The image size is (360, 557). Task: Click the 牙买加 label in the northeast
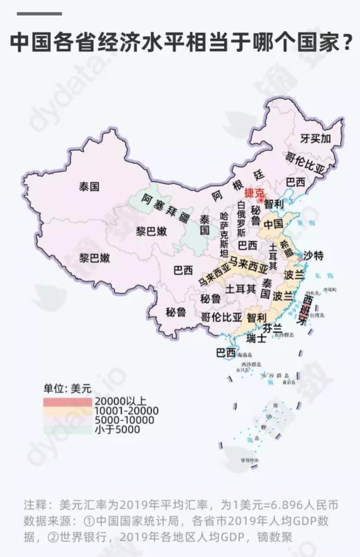pos(316,138)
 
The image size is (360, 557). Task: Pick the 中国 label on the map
pos(274,222)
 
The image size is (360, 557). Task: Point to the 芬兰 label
pos(272,328)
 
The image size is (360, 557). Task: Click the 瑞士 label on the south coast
pos(256,339)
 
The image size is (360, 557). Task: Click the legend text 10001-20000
pos(126,410)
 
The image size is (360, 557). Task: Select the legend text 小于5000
pos(117,429)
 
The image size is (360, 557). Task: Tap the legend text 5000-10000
pos(124,420)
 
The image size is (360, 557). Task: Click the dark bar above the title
pos(39,13)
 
